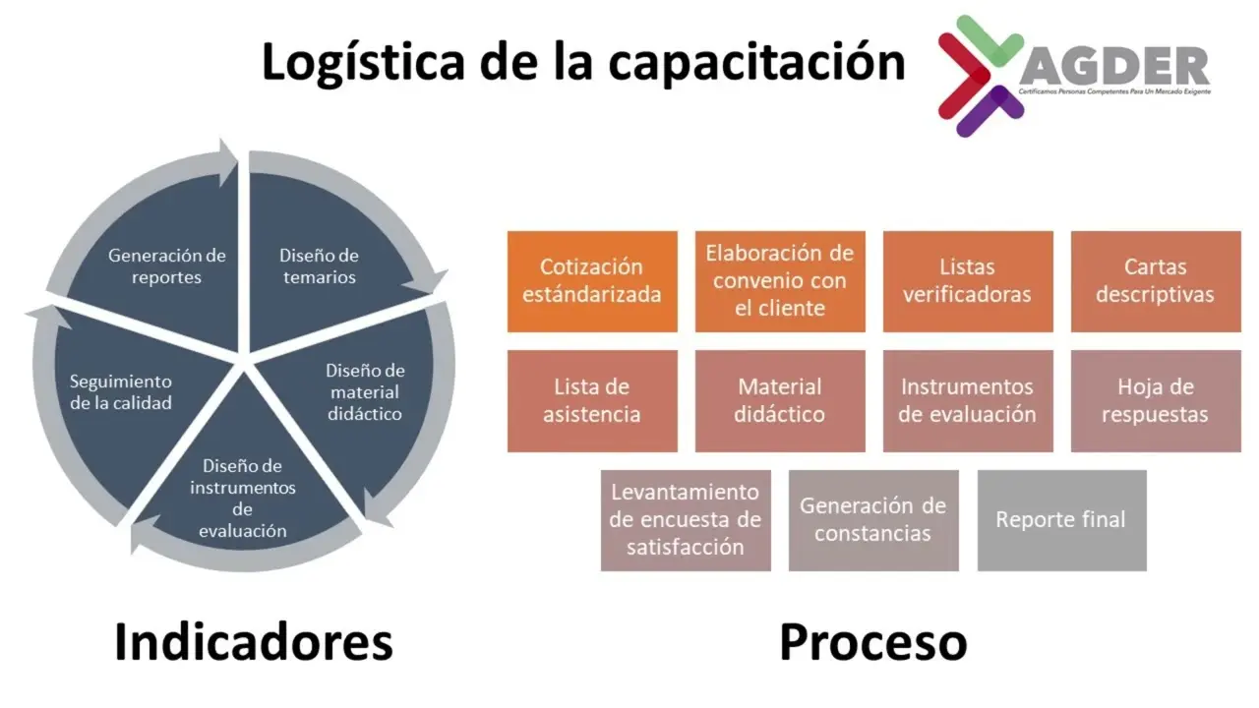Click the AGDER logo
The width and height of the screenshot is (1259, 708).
point(1072,75)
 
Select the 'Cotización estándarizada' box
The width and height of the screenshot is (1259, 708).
point(592,281)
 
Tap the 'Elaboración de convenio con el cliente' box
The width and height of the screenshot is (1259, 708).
point(780,281)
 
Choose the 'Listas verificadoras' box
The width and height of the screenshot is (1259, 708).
point(968,281)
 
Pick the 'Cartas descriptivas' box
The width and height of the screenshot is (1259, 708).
point(1156,281)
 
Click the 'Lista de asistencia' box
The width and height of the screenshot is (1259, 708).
point(592,401)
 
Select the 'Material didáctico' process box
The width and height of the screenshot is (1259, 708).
point(780,401)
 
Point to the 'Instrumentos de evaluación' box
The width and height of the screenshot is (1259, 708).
point(968,401)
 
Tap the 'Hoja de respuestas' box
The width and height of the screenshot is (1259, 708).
point(1156,401)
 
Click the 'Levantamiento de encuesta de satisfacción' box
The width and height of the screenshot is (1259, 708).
point(686,520)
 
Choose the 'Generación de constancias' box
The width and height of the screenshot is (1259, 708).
point(873,520)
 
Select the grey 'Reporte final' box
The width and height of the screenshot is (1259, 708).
point(1061,520)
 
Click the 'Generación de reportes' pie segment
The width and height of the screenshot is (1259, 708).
point(167,265)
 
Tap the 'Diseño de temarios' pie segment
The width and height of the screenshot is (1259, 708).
point(319,265)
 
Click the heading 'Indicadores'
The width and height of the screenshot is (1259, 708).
point(254,642)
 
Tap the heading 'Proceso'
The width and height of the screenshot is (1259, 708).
point(873,642)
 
